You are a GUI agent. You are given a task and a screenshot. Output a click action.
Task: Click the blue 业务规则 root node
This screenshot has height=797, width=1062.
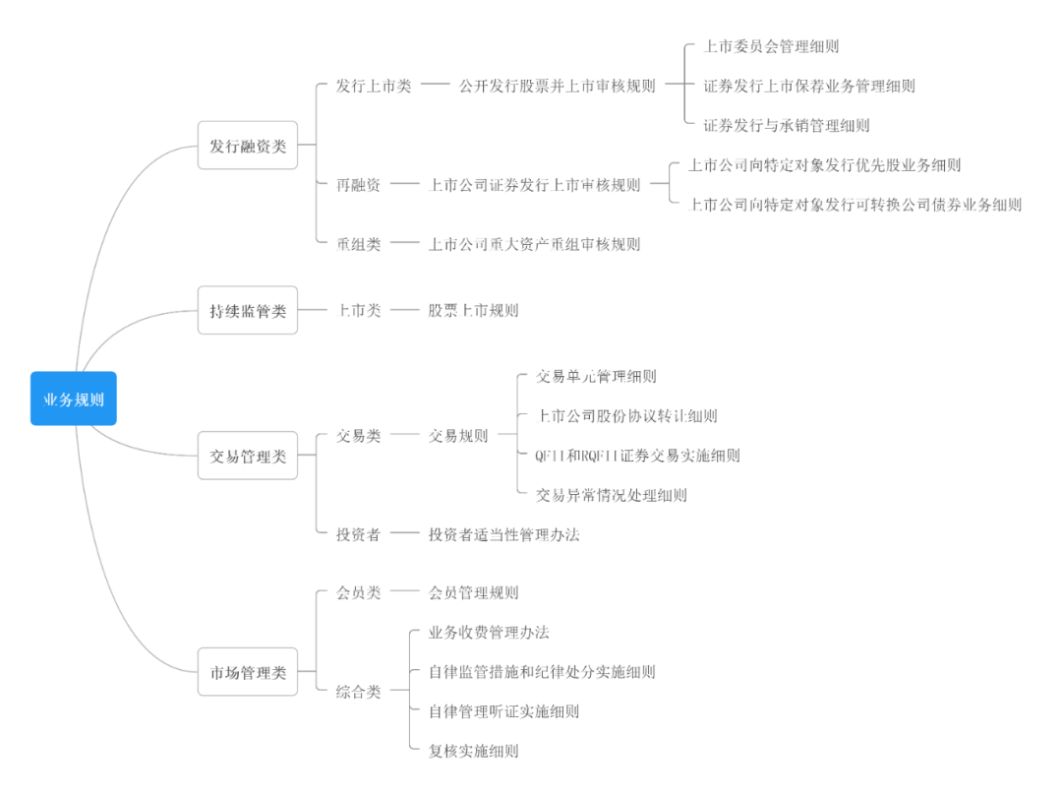click(x=74, y=398)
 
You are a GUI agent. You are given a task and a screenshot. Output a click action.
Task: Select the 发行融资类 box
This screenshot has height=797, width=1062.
click(x=248, y=146)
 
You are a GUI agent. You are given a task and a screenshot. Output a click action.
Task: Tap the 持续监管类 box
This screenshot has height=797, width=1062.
click(x=248, y=311)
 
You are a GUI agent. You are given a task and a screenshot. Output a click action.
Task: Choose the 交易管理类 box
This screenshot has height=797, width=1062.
click(x=248, y=456)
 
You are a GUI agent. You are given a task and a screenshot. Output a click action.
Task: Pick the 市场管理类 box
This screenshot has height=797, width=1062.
click(x=248, y=672)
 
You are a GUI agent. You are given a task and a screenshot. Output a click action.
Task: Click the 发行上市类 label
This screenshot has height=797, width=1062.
click(x=374, y=86)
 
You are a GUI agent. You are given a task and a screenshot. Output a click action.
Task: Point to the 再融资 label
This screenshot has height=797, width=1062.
click(x=358, y=185)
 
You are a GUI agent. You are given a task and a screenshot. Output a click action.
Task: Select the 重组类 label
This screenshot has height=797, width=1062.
click(x=358, y=244)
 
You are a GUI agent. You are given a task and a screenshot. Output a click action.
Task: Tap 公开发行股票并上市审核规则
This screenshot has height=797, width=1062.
click(x=557, y=86)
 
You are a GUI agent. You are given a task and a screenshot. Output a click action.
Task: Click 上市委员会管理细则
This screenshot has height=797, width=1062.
click(x=772, y=46)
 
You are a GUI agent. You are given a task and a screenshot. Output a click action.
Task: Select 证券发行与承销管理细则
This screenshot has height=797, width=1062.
click(x=787, y=125)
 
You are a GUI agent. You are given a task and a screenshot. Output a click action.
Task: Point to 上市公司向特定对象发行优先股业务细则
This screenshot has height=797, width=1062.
click(x=824, y=165)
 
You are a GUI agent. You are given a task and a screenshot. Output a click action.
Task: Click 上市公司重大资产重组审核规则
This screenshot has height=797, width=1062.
click(x=534, y=244)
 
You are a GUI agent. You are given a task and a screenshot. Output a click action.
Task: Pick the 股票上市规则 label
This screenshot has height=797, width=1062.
click(x=473, y=311)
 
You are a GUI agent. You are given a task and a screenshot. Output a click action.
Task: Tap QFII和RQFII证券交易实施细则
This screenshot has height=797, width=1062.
click(x=637, y=456)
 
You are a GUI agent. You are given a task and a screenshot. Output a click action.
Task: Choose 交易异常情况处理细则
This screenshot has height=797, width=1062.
click(x=612, y=495)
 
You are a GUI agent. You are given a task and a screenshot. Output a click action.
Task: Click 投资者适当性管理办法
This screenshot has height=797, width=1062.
click(x=503, y=534)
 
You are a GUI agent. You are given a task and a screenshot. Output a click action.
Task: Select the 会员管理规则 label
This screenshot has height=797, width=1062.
click(x=473, y=592)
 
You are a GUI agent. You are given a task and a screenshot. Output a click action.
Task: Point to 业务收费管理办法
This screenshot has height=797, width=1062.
click(x=489, y=632)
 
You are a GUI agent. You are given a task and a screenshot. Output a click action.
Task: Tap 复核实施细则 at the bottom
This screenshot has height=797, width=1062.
click(x=473, y=751)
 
